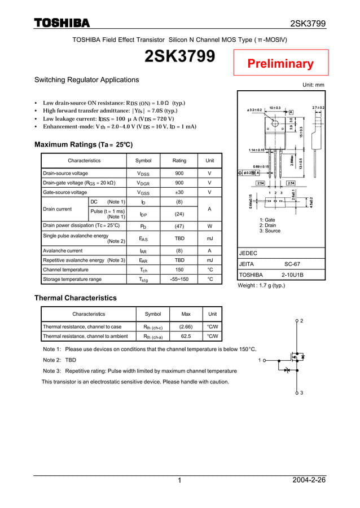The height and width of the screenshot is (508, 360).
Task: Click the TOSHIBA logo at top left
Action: pyautogui.click(x=62, y=23)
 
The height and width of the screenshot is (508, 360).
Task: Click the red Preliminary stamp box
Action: pyautogui.click(x=280, y=63)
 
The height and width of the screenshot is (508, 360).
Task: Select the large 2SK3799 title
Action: pyautogui.click(x=179, y=57)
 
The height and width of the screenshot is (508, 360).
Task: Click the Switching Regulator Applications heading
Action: pyautogui.click(x=87, y=80)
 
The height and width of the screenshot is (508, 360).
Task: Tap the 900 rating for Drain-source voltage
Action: pyautogui.click(x=179, y=174)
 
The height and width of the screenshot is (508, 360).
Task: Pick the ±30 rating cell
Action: pyautogui.click(x=179, y=193)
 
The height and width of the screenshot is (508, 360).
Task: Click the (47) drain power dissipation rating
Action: pyautogui.click(x=179, y=226)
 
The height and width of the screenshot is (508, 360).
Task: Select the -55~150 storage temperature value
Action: pyautogui.click(x=179, y=279)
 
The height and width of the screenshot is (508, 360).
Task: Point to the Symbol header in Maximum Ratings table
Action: pyautogui.click(x=143, y=161)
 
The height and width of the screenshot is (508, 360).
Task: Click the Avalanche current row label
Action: pyautogui.click(x=63, y=250)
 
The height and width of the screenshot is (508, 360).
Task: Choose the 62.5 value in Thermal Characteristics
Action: pyautogui.click(x=186, y=337)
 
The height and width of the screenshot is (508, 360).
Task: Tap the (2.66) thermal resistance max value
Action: pyautogui.click(x=186, y=326)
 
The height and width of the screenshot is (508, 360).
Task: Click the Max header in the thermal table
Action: pyautogui.click(x=186, y=313)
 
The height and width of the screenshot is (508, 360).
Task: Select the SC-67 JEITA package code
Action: pyautogui.click(x=292, y=264)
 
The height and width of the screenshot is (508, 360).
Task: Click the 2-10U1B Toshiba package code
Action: pyautogui.click(x=292, y=275)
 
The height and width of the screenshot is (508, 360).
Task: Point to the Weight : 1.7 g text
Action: pyautogui.click(x=262, y=285)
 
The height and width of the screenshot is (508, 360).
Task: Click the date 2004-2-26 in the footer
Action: pyautogui.click(x=309, y=480)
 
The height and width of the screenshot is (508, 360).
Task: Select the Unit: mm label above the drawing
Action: pyautogui.click(x=313, y=85)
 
